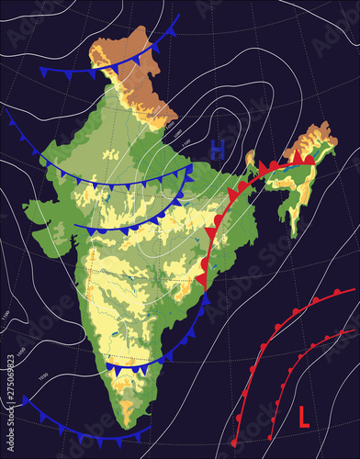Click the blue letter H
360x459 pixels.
click(x=218, y=148)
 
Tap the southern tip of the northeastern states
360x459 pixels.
click(x=293, y=233)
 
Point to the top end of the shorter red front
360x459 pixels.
click(x=350, y=330)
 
